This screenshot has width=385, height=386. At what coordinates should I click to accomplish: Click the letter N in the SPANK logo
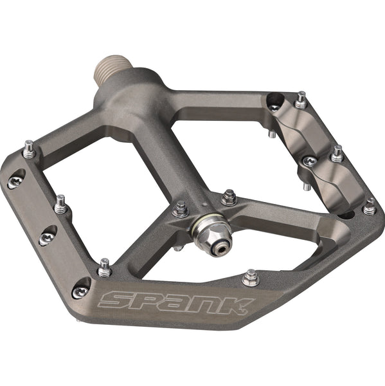(x=211, y=302)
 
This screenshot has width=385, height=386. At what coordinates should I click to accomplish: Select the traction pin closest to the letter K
(x=251, y=278)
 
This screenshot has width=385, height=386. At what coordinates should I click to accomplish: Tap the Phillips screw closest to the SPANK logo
(x=80, y=291)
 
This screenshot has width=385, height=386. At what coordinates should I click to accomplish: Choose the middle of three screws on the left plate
(x=47, y=238)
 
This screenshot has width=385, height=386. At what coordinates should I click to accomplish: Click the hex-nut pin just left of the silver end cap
(x=181, y=208)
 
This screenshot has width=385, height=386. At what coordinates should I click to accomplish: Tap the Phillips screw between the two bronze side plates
(x=309, y=161)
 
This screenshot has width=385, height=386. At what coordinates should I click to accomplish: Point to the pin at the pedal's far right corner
(x=369, y=206)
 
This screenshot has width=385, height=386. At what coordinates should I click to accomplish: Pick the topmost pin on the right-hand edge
(x=300, y=100)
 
